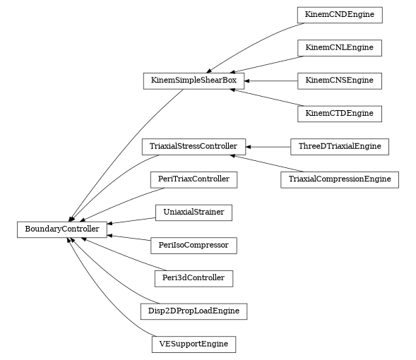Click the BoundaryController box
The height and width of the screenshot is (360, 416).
click(62, 229)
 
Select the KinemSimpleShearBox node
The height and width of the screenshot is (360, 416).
click(194, 80)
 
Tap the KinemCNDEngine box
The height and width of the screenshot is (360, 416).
click(340, 14)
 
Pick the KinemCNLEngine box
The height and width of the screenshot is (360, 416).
click(340, 47)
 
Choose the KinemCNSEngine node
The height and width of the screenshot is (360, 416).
click(340, 80)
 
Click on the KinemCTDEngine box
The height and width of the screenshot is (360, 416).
click(340, 113)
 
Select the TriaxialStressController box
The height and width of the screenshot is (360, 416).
click(194, 147)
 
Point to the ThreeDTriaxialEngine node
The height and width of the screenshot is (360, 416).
click(340, 147)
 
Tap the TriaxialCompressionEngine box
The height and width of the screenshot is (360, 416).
click(340, 179)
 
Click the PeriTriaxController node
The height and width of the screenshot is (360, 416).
click(194, 179)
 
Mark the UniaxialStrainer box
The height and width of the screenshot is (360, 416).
click(194, 212)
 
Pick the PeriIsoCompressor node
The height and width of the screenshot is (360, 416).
click(194, 245)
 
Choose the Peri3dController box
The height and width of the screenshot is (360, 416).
click(194, 278)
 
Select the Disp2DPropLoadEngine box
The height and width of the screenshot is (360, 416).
click(194, 311)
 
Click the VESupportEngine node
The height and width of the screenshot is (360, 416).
click(194, 344)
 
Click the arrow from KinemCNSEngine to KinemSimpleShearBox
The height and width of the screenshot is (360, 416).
click(271, 80)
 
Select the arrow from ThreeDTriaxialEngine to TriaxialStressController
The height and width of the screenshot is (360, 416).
click(268, 147)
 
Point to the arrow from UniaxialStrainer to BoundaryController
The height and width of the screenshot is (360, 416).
click(131, 220)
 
